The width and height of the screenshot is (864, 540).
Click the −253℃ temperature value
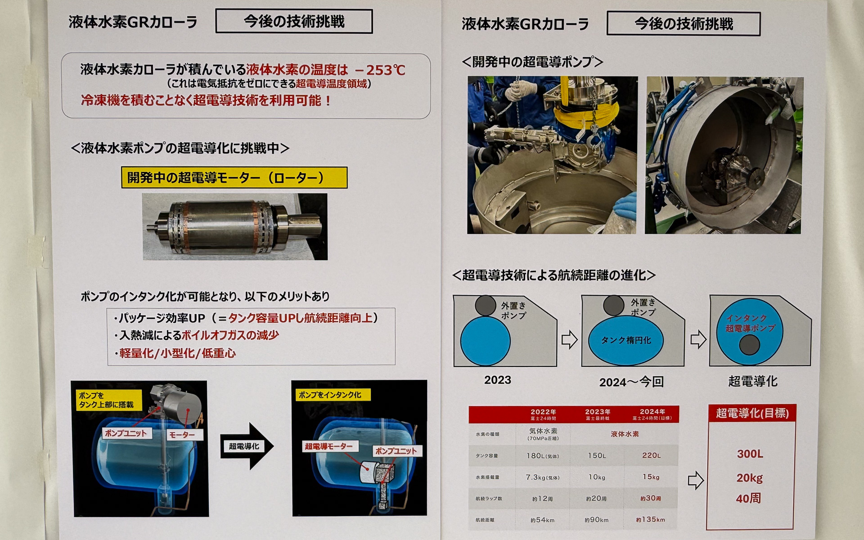(x=380, y=70)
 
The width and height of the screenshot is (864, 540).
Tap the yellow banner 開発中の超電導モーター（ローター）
(x=234, y=178)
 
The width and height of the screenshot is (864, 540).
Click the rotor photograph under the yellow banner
(x=235, y=227)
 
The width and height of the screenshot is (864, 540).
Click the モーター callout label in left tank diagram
(x=182, y=435)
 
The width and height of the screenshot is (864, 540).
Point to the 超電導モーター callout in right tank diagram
(x=328, y=446)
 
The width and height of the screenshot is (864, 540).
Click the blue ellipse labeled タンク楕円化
(x=626, y=340)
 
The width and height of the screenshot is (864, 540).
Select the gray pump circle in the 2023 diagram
(x=485, y=306)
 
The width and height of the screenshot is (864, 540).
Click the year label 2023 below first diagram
(x=498, y=380)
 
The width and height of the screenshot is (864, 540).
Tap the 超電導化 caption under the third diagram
(x=753, y=381)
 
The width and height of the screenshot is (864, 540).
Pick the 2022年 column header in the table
(x=543, y=414)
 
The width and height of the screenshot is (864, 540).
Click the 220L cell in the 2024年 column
(x=651, y=455)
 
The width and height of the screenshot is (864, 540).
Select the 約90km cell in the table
(x=597, y=520)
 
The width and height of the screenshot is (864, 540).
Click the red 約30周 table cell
(x=651, y=498)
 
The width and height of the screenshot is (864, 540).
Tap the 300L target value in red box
(x=750, y=454)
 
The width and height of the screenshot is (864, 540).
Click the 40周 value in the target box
(x=748, y=498)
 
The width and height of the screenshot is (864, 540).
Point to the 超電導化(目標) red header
(x=752, y=413)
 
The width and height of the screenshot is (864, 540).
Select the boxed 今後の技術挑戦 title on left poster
(x=294, y=22)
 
